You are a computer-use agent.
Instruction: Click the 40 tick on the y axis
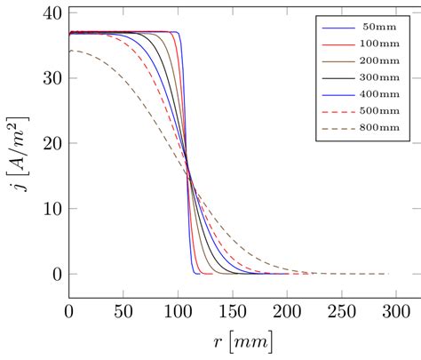(x=52, y=13)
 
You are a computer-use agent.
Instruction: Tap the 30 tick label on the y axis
(x=52, y=78)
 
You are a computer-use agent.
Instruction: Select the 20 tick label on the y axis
(x=52, y=144)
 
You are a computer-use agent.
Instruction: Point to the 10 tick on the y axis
(x=52, y=209)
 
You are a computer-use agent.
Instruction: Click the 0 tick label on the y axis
(x=57, y=275)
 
